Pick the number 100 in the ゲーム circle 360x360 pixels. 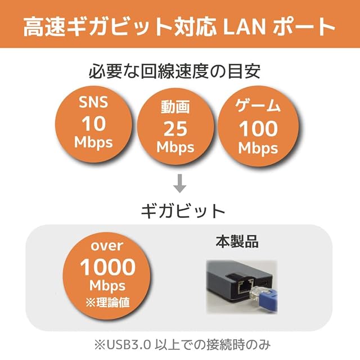point(258,129)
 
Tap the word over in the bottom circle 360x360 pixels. point(107,246)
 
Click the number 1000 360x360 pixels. point(107,265)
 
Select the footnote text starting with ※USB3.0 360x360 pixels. point(180,344)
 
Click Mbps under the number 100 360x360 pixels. point(258,148)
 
